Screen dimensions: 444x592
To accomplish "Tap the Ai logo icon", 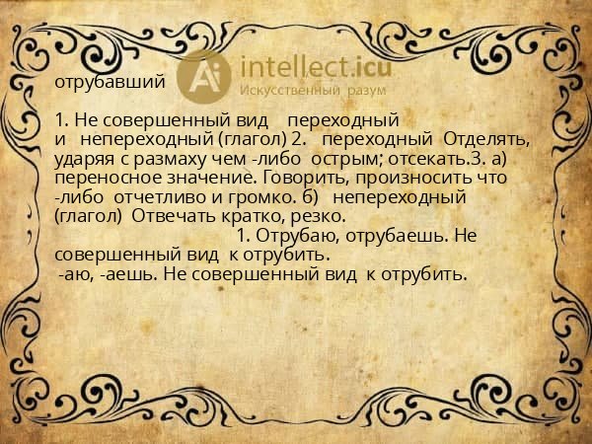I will pyautogui.click(x=206, y=75).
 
